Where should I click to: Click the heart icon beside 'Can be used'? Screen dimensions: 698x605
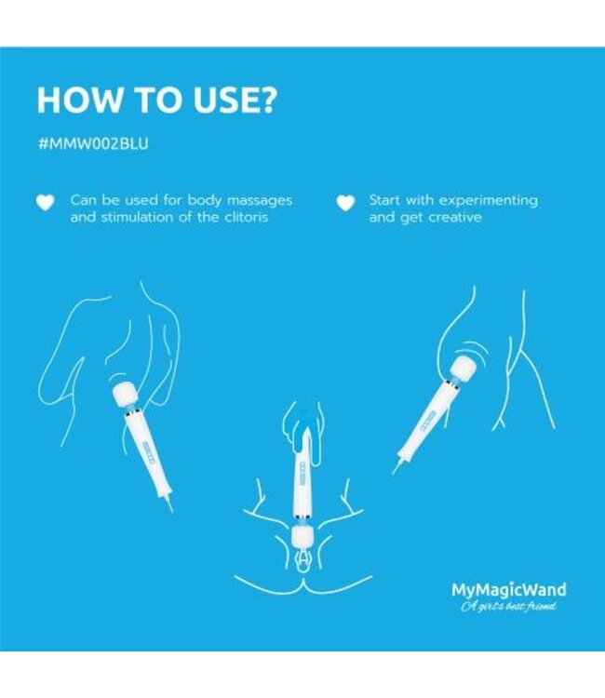[45, 203]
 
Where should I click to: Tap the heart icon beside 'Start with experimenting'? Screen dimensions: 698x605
[345, 203]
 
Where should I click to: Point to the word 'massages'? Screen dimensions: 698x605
[261, 200]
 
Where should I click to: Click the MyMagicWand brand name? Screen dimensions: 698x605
[508, 589]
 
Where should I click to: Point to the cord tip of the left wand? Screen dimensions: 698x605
[168, 505]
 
